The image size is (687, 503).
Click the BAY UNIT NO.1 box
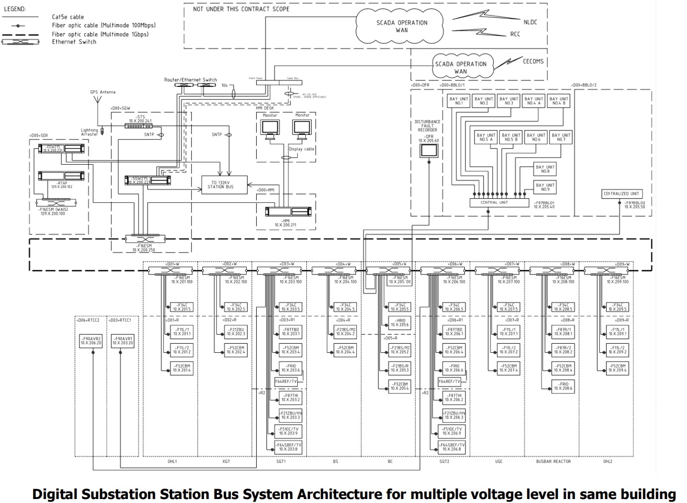coord(459,101)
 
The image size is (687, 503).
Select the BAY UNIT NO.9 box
coord(545,187)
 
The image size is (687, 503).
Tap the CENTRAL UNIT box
coord(499,202)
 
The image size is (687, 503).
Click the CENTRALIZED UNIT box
coord(621,193)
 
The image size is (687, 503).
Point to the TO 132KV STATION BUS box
coord(224,185)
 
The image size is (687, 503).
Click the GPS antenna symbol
coord(99,102)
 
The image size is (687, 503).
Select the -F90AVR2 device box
coord(91,341)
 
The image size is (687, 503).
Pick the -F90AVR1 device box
coord(122,341)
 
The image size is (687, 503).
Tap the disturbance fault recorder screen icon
coord(428,152)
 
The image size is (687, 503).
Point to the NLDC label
coord(530,22)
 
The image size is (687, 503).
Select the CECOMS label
coord(533,62)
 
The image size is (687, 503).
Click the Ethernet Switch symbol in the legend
coord(20,42)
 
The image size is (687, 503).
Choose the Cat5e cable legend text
coord(68,17)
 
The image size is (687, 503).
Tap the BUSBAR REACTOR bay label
coord(553,461)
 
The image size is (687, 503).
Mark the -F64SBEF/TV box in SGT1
coord(288,447)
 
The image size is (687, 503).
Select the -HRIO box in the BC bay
coord(399,322)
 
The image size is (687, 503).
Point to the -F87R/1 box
coord(563,331)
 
